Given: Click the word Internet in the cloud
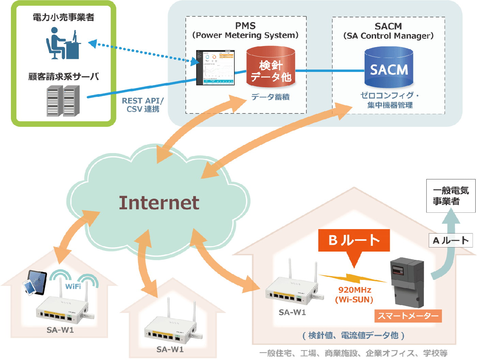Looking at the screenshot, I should tap(159, 203).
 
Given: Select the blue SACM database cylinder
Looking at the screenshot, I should tap(389, 68).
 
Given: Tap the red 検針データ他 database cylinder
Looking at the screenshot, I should tap(271, 68).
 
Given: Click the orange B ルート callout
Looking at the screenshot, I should tap(354, 241).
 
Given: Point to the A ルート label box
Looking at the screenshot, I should tap(450, 241).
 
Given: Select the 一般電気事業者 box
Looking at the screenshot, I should tap(450, 196).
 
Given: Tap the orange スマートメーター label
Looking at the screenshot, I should tap(408, 316).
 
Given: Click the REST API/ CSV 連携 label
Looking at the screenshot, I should tap(143, 105).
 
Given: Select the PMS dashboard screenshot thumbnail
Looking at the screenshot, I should tap(215, 67).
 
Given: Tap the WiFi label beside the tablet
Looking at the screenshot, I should tap(73, 286).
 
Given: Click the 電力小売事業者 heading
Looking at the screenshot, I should tap(63, 17).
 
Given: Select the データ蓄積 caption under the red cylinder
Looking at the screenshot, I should tap(270, 97).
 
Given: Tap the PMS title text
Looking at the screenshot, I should tap(245, 26).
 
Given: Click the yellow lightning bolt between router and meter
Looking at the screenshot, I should tap(353, 278).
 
